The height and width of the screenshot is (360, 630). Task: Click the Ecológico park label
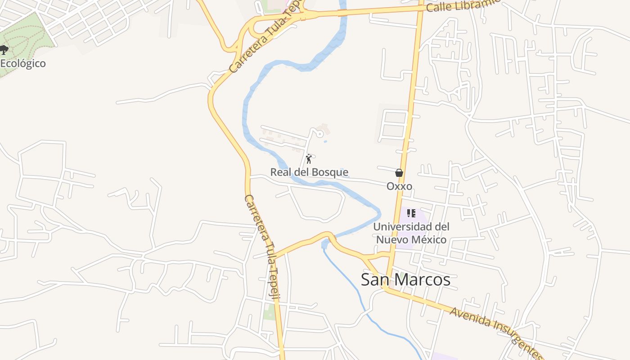pyautogui.click(x=22, y=63)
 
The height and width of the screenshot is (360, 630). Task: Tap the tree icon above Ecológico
pyautogui.click(x=4, y=49)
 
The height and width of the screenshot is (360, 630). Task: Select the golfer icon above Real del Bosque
pyautogui.click(x=309, y=158)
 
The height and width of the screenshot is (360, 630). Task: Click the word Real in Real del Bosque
pyautogui.click(x=280, y=172)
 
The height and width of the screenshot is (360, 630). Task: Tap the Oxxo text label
pyautogui.click(x=399, y=186)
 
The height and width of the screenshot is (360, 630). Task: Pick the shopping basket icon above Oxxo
pyautogui.click(x=399, y=173)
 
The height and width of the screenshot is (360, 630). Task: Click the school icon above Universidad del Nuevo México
pyautogui.click(x=411, y=213)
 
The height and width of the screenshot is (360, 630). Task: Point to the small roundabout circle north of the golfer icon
pyautogui.click(x=320, y=133)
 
